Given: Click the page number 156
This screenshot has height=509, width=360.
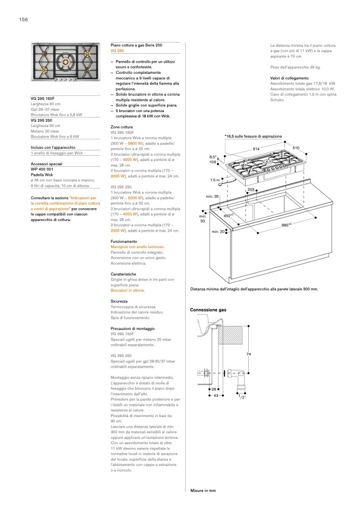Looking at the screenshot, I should (x=23, y=20).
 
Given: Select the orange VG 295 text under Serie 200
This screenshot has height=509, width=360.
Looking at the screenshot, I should (x=118, y=50).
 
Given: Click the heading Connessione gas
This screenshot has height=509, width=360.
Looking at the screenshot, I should (x=208, y=309).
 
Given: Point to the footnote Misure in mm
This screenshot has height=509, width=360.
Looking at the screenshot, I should (x=203, y=490).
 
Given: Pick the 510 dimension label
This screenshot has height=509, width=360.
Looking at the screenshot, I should (x=296, y=147).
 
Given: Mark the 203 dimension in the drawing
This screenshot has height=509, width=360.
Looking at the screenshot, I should (x=251, y=189).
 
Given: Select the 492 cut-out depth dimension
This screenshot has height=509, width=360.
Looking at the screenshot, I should (x=244, y=216).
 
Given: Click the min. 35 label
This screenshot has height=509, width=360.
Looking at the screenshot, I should (x=213, y=197).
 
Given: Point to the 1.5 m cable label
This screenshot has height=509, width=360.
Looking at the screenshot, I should (x=215, y=180).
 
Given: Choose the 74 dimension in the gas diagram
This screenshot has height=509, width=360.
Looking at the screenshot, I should (x=248, y=354).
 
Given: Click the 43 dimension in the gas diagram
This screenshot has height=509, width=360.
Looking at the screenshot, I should (x=216, y=395).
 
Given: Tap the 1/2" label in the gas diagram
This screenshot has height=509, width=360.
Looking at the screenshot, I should (x=242, y=397).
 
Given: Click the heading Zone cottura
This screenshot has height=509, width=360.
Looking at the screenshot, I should (x=122, y=128).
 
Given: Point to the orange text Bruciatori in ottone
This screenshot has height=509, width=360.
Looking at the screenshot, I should (x=128, y=291).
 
